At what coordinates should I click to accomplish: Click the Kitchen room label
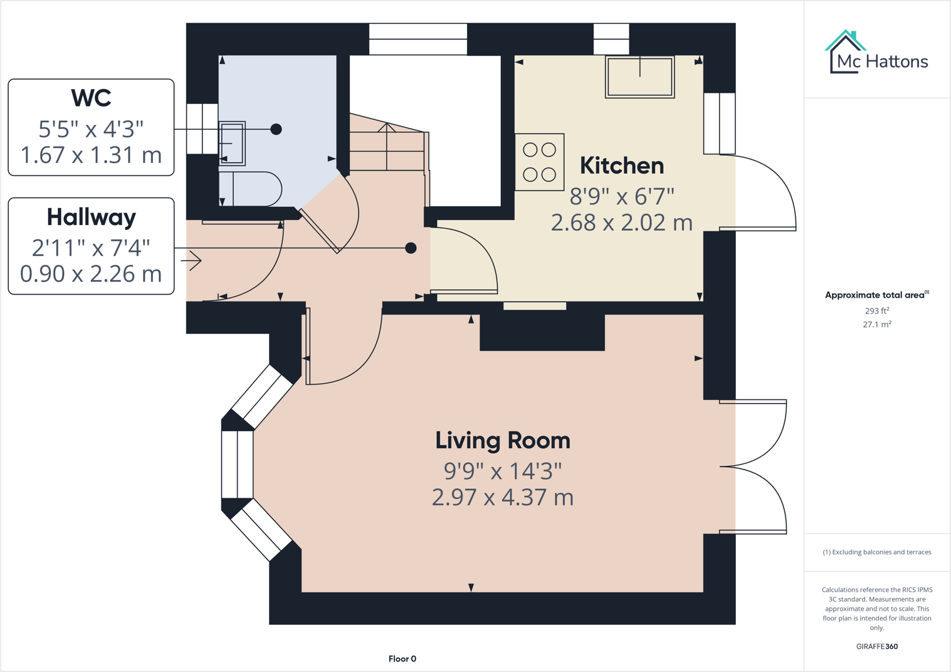coord(621,165)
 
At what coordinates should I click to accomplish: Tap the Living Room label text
coord(503,440)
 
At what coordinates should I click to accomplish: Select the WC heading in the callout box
coord(91,98)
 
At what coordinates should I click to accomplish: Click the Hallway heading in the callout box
coord(91,217)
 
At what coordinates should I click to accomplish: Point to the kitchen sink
coord(639,77)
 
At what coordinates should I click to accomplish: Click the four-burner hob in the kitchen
coord(539,162)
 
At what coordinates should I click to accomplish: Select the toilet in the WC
coord(251,189)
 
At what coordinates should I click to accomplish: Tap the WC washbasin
coord(231,143)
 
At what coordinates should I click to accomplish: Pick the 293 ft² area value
coord(876,310)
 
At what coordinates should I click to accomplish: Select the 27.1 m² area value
coord(876,324)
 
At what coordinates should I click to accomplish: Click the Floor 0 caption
coord(402,658)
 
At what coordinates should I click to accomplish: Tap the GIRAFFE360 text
coord(876,646)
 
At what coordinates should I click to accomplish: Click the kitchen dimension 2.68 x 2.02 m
coord(621,223)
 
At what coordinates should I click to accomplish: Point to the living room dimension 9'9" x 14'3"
coord(503,470)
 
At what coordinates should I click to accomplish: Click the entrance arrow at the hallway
coord(194,260)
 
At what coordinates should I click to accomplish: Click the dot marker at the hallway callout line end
coord(411,248)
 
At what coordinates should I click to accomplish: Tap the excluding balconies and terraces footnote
coord(876,552)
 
